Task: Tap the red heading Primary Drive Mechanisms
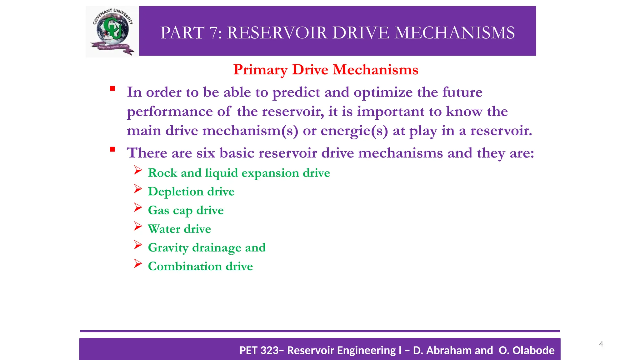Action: [x=326, y=70]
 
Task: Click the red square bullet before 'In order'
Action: [x=112, y=89]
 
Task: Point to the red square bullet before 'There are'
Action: [x=112, y=149]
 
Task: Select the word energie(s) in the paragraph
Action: [x=354, y=131]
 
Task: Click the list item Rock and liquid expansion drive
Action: [x=239, y=173]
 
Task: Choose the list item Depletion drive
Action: [x=191, y=192]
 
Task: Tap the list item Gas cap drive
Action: [x=186, y=210]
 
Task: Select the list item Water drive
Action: [x=179, y=229]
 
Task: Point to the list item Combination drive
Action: [x=200, y=266]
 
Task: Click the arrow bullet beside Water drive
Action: [x=138, y=226]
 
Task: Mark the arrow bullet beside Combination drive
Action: [x=138, y=263]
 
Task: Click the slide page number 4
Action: [x=601, y=344]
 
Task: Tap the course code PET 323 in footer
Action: [x=259, y=350]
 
